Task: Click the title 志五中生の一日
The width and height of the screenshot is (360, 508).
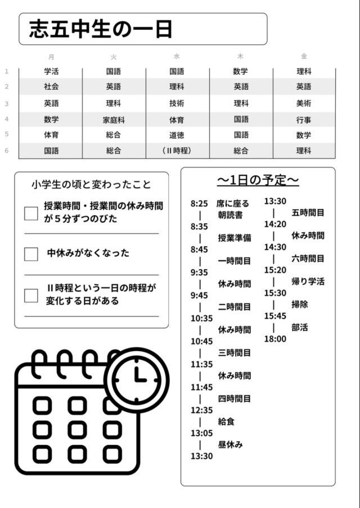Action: [x=101, y=29]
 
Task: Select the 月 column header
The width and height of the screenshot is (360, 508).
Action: [x=52, y=57]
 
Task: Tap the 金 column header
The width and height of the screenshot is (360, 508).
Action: [x=304, y=57]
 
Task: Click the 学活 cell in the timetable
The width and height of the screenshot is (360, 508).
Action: [x=51, y=72]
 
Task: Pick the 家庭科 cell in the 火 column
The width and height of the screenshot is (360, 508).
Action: [x=114, y=120]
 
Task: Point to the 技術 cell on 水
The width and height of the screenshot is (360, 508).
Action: [x=177, y=103]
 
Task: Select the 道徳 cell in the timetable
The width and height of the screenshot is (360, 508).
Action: [x=177, y=135]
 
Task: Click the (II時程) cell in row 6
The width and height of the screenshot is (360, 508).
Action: [x=177, y=151]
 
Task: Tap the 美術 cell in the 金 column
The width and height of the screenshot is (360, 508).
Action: [x=304, y=103]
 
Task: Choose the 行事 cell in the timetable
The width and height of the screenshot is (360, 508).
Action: [x=304, y=120]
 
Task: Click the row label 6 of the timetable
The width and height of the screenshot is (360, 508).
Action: [x=7, y=150]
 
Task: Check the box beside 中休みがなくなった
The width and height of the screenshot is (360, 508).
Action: [x=31, y=254]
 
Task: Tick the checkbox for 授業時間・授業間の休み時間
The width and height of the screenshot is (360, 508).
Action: [x=31, y=213]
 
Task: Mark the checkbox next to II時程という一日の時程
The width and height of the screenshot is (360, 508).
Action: [x=31, y=295]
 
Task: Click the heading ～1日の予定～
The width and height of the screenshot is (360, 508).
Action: [x=258, y=180]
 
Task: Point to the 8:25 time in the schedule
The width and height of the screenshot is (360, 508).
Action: [x=199, y=204]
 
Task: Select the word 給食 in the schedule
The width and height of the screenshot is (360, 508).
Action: [x=226, y=421]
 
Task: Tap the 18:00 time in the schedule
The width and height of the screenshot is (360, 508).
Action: [x=275, y=339]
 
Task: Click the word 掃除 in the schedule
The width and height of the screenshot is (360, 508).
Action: [x=300, y=304]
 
